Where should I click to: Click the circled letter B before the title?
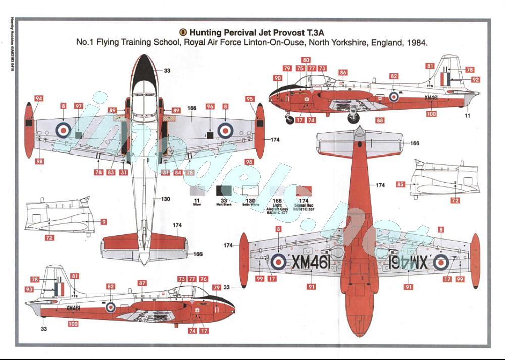point(183,31)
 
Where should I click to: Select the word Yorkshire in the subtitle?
point(348,43)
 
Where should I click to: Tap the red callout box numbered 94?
point(39,99)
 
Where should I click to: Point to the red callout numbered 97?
point(79,106)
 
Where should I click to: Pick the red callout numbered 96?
point(210,107)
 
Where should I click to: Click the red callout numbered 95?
point(250,99)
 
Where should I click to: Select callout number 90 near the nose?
point(278,78)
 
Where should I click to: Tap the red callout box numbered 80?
point(306,60)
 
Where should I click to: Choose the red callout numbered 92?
point(475,80)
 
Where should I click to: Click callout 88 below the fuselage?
point(379,120)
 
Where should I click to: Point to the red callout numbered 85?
point(400,185)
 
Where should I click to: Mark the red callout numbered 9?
point(104,221)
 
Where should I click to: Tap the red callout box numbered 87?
point(142,283)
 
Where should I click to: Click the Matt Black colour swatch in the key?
point(224,190)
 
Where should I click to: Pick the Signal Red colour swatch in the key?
point(304,190)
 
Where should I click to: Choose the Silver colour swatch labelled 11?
point(197,190)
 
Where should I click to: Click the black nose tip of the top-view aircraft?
point(145,63)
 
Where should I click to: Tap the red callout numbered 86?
point(343,73)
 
